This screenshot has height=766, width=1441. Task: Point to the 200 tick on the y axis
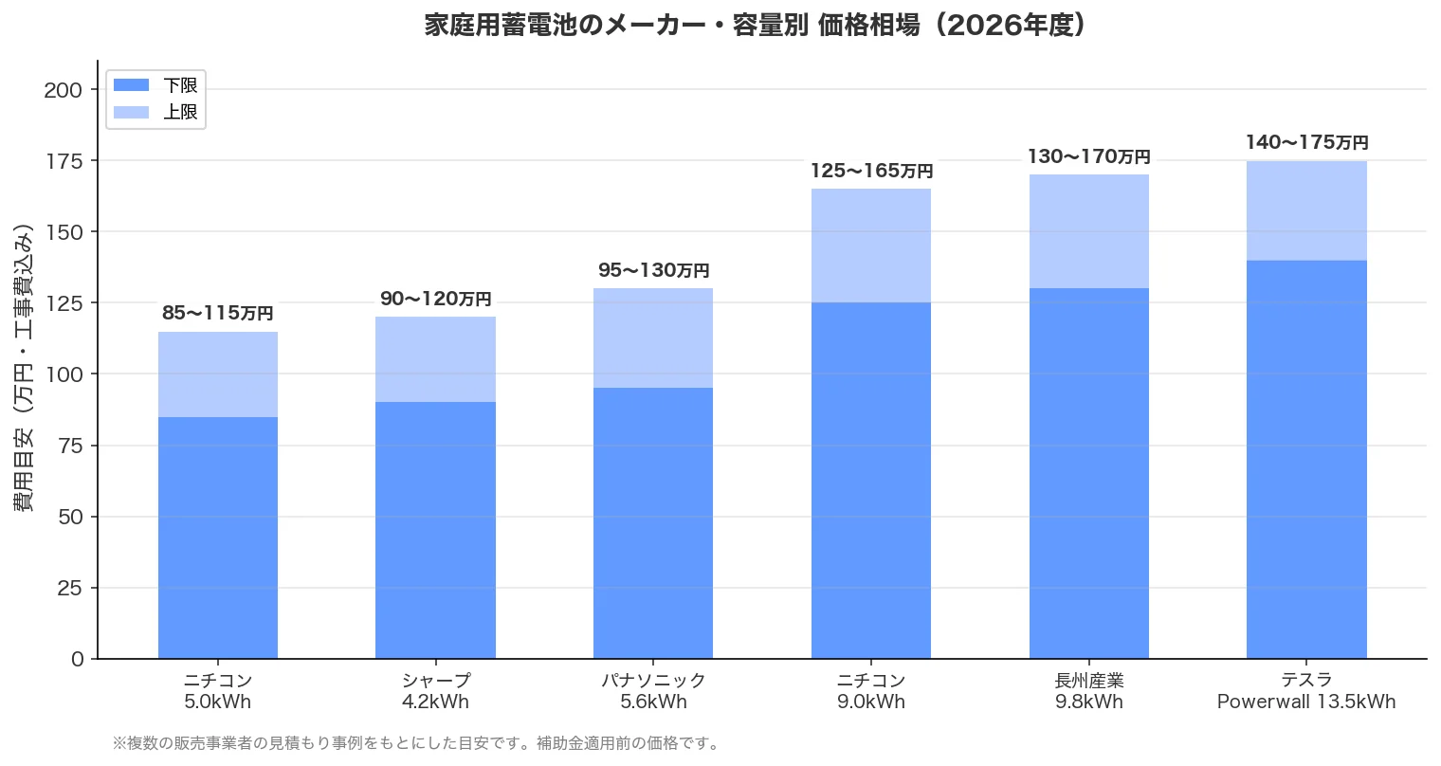coord(64,90)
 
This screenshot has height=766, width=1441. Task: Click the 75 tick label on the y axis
coord(70,446)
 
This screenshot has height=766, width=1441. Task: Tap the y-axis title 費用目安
coord(25,369)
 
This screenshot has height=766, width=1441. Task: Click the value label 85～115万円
coord(217,314)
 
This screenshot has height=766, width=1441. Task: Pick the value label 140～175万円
coord(1306,143)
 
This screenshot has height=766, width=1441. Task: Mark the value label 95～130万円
coord(653,271)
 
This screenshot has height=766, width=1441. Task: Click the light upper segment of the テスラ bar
coord(1306,210)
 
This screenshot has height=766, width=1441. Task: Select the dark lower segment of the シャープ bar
coord(435,530)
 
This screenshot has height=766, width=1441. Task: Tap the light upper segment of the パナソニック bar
coord(653,338)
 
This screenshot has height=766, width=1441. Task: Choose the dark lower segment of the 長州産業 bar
coord(1088,473)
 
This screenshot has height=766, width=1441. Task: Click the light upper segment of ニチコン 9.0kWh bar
coord(870,246)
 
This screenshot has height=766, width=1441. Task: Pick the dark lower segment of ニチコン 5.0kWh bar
coord(217,538)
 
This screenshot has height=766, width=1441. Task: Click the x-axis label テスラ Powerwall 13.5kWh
coord(1306,691)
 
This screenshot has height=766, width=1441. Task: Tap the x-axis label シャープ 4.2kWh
coord(435,691)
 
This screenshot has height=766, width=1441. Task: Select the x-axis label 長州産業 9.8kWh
coord(1088,691)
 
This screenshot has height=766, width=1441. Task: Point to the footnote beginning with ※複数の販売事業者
coord(416,743)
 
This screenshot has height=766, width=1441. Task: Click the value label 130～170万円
coord(1088,157)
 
